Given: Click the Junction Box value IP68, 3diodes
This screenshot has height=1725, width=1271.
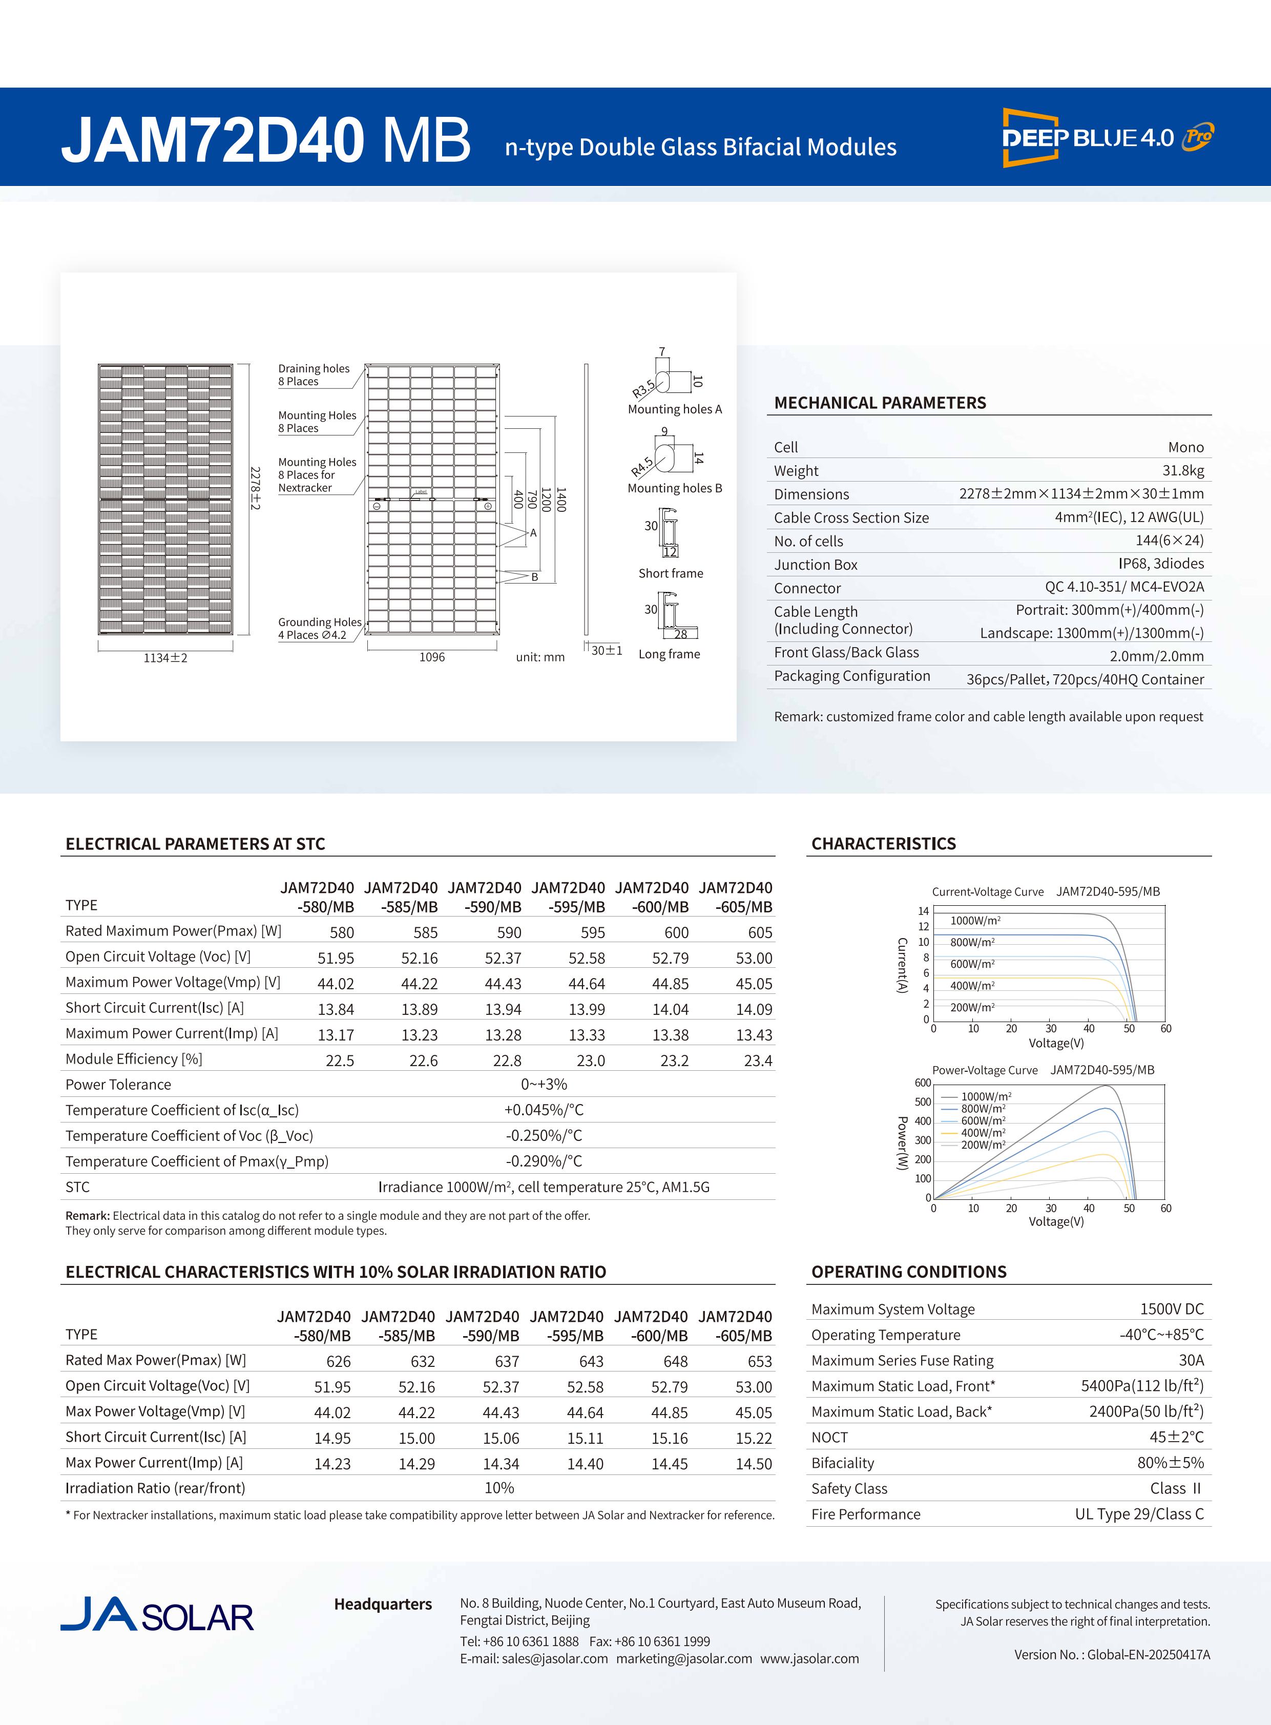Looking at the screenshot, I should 1161,564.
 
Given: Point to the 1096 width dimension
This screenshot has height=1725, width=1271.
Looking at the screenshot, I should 432,657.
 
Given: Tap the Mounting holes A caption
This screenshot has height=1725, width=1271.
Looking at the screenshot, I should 675,409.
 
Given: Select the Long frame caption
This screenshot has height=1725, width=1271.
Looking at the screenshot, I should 669,654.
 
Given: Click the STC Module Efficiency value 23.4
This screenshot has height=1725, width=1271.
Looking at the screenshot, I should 758,1060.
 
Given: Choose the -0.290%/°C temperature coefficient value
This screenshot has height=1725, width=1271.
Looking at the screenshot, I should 544,1161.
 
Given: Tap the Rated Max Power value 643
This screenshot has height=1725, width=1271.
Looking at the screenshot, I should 591,1361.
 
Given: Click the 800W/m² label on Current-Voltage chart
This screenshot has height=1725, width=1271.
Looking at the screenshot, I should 972,942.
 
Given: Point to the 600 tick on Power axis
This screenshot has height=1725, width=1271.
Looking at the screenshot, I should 923,1083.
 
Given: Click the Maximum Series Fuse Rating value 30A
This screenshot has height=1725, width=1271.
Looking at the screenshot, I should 1191,1360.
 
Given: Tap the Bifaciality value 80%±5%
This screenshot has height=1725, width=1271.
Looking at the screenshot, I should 1170,1463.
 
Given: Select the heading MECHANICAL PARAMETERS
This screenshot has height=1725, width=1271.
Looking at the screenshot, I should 880,402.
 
